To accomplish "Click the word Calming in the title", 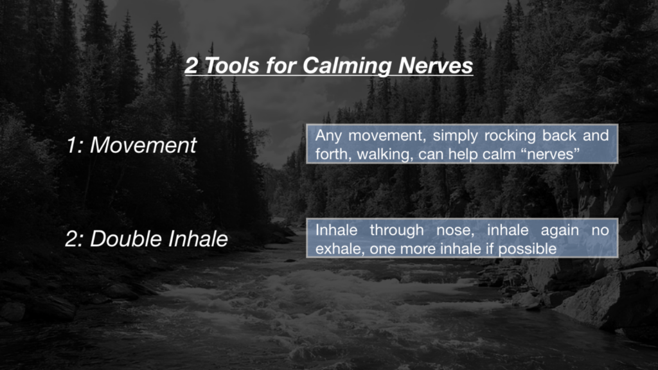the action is coord(346,66).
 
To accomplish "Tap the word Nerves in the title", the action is coord(435,66).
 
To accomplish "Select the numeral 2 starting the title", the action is coord(191,66).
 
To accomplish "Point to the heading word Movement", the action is coord(143,145).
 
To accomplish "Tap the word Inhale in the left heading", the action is coord(198,239).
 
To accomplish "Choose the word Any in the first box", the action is coord(328,136).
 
